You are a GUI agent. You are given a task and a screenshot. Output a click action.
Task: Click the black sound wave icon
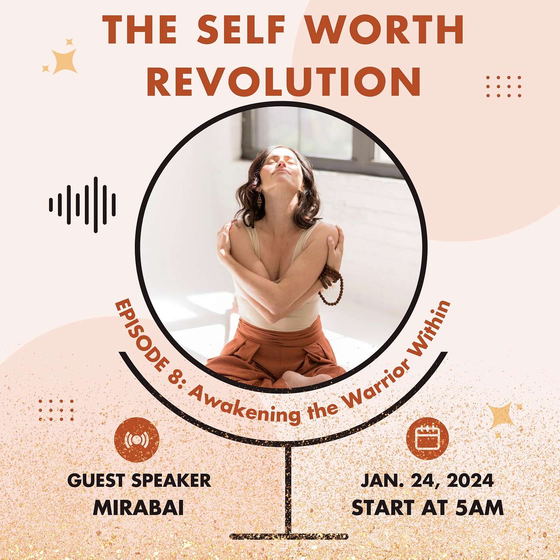pos(82,204)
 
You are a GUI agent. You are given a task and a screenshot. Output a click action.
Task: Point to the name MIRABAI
pos(138,508)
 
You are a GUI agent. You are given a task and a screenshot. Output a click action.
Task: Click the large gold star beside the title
pos(64,61)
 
